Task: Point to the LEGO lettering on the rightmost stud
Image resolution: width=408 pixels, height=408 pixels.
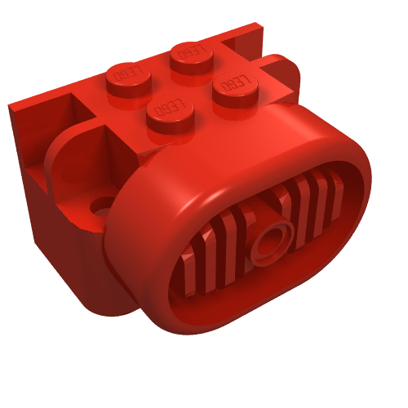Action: (234, 82)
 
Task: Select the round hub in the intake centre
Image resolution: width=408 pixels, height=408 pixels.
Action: (271, 241)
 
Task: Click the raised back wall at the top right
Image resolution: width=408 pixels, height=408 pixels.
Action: (249, 37)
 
